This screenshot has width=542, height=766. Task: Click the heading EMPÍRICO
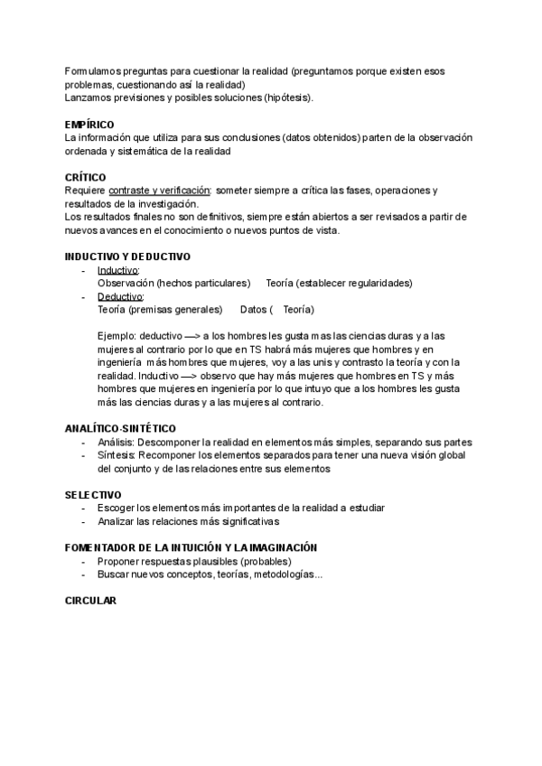89,124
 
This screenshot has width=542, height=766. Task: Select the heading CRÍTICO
86,177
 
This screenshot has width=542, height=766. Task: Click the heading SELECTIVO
93,495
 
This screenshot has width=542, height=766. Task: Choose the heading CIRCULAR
91,601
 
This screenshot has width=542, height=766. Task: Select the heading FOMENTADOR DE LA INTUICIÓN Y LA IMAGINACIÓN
191,547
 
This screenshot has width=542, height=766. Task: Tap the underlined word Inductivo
117,270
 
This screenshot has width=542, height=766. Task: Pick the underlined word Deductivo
120,296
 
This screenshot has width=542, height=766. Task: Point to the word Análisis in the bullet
116,442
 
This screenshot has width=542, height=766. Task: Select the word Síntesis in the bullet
116,455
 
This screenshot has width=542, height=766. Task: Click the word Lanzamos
90,98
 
